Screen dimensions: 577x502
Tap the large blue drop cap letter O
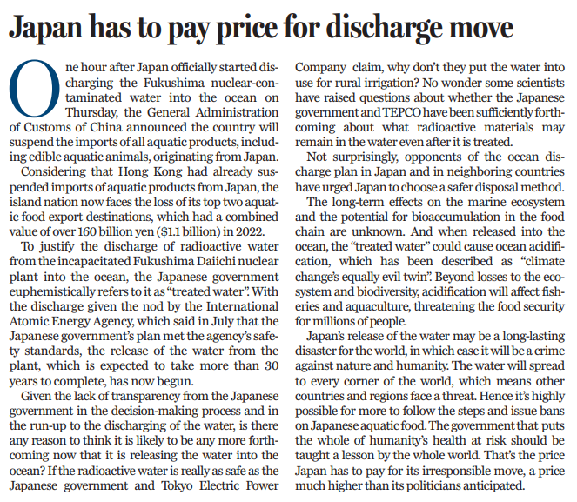pyautogui.click(x=35, y=89)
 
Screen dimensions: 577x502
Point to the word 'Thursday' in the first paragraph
pyautogui.click(x=92, y=112)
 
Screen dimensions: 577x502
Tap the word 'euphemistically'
pyautogui.click(x=52, y=292)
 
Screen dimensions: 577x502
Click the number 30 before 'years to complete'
pyautogui.click(x=272, y=366)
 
